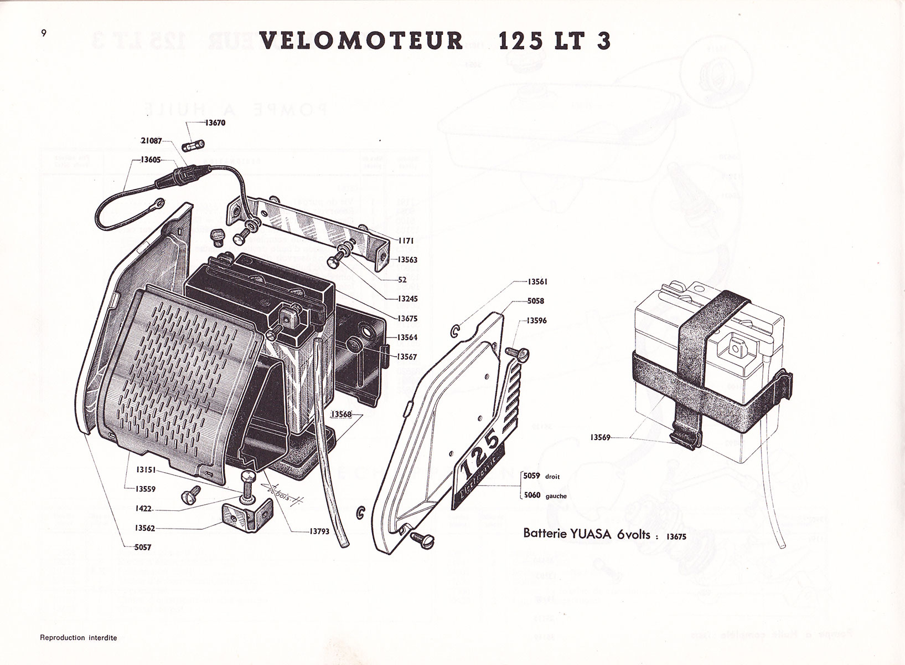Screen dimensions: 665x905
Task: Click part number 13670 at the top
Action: (x=215, y=124)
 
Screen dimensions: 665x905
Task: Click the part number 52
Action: (x=402, y=280)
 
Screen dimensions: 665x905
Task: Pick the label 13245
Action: (x=407, y=299)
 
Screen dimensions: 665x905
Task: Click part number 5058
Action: (x=535, y=301)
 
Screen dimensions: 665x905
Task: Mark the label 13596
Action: (x=536, y=321)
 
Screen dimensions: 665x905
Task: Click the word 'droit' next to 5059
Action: (x=552, y=477)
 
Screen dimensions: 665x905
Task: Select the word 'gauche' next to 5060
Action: (x=556, y=497)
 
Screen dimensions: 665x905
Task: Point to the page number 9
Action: (x=43, y=32)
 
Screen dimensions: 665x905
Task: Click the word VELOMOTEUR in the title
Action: (x=360, y=42)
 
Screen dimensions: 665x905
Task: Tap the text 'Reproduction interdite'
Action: (x=78, y=638)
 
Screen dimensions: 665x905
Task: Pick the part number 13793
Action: (x=319, y=531)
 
